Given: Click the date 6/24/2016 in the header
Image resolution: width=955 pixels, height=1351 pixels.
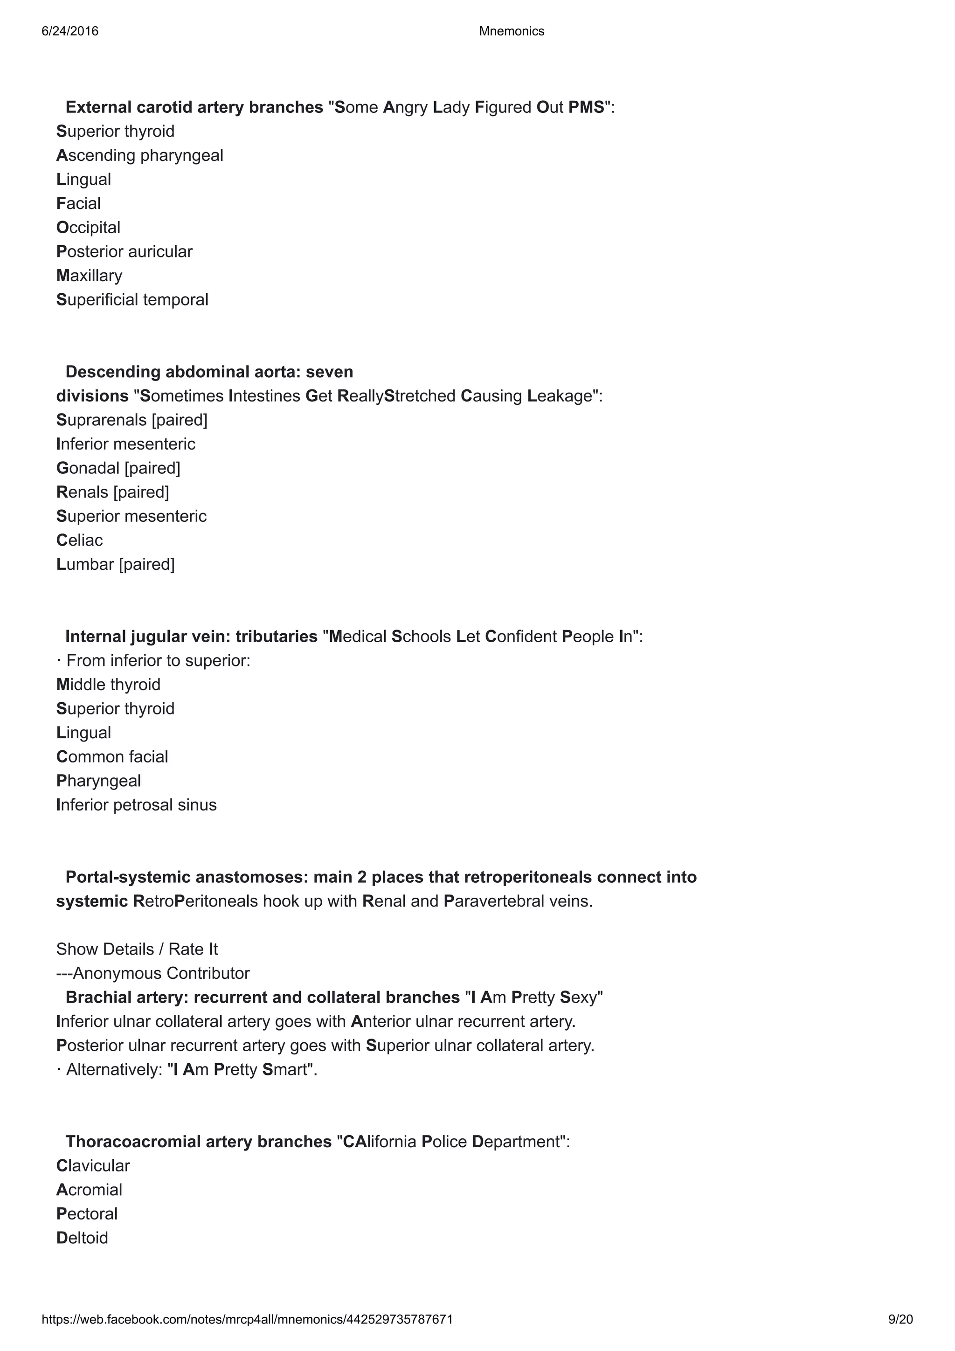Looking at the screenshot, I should (x=70, y=31).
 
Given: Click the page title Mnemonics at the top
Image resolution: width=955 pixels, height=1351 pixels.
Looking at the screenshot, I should (x=512, y=31).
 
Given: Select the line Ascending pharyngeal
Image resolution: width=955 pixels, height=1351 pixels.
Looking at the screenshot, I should (x=139, y=155).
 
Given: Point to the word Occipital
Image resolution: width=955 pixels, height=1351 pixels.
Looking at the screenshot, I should (x=88, y=228).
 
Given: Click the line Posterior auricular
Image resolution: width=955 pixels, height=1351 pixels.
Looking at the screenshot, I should (x=124, y=252).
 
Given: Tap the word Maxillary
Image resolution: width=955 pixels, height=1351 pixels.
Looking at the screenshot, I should (x=90, y=276).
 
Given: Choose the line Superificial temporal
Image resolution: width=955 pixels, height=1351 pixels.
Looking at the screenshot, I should (x=132, y=300).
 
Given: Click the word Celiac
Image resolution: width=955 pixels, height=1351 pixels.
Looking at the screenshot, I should (x=79, y=540).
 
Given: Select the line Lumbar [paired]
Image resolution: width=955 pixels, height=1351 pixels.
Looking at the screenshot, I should (x=115, y=564).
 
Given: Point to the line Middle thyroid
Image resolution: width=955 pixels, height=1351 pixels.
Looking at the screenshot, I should (x=108, y=685).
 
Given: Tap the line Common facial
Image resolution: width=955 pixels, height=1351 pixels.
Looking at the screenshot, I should (x=112, y=757).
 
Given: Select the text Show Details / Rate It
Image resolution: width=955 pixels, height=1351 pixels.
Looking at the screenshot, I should (x=137, y=949).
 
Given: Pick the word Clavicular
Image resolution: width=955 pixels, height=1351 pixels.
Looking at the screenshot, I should (x=93, y=1166).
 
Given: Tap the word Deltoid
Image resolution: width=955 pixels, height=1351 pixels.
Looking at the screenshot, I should (x=82, y=1238).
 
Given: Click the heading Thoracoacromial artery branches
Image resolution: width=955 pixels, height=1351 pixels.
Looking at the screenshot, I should (x=198, y=1142).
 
